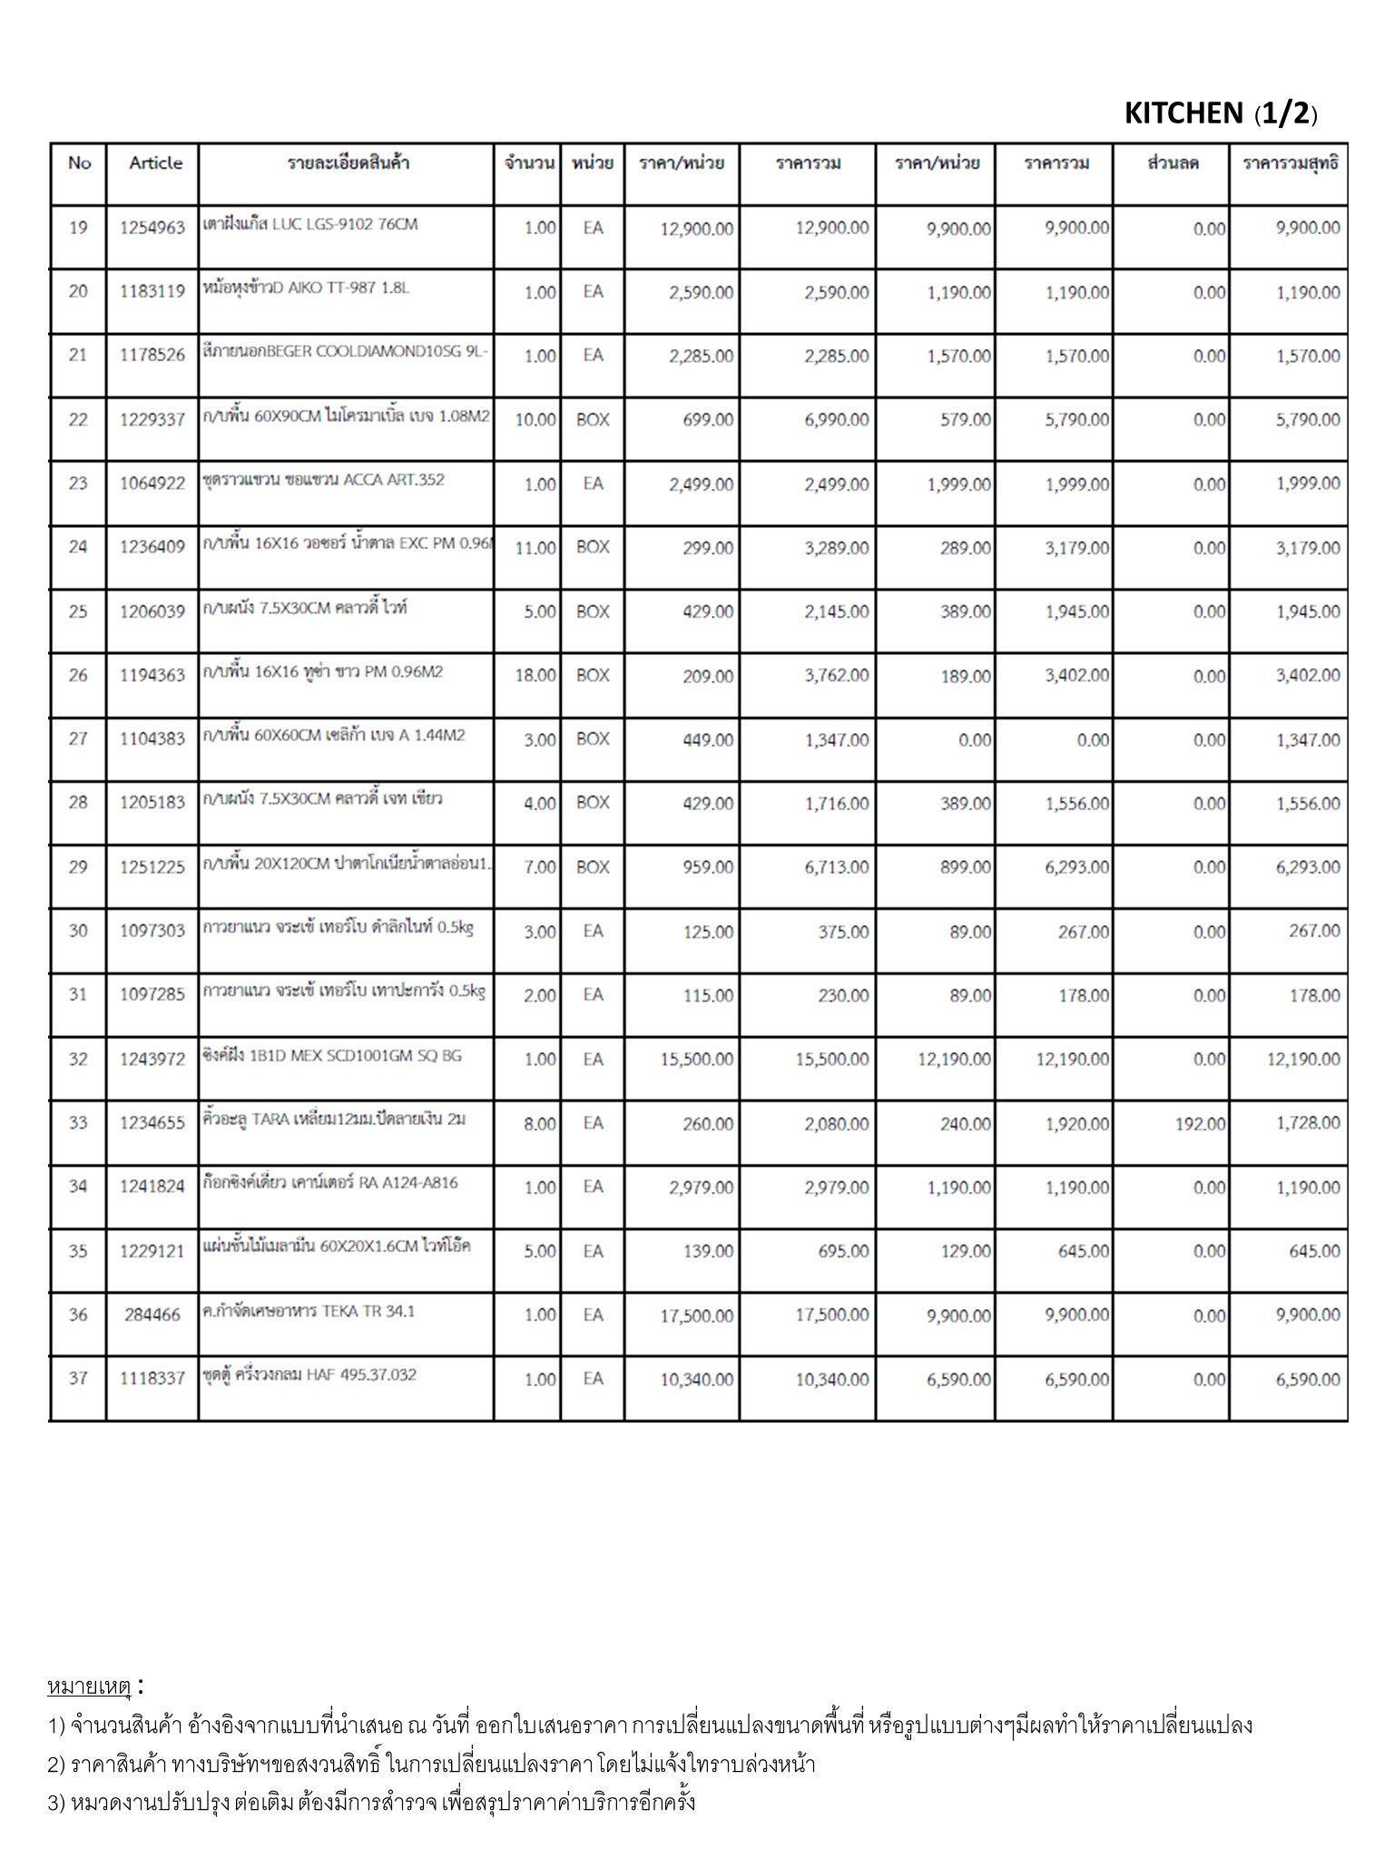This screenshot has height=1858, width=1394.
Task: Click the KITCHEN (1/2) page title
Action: pyautogui.click(x=1220, y=113)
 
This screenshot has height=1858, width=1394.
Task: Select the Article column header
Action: pyautogui.click(x=155, y=163)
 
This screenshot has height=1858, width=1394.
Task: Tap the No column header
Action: pyautogui.click(x=79, y=163)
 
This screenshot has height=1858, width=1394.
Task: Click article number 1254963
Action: pyautogui.click(x=152, y=228)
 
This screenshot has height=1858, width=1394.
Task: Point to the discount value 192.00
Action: pyautogui.click(x=1200, y=1124)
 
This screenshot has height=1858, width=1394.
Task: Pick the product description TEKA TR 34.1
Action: pyautogui.click(x=309, y=1311)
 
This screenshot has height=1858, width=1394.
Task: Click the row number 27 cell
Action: pyautogui.click(x=78, y=738)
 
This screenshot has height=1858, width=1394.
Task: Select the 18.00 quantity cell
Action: pyautogui.click(x=535, y=676)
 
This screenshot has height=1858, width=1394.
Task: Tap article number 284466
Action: pyautogui.click(x=152, y=1315)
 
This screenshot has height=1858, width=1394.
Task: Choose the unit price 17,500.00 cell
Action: pyautogui.click(x=696, y=1315)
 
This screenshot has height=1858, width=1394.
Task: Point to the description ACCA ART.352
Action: pyautogui.click(x=324, y=480)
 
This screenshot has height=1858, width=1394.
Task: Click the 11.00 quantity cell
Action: pyautogui.click(x=535, y=548)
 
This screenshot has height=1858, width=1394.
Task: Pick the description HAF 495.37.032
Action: pyautogui.click(x=309, y=1374)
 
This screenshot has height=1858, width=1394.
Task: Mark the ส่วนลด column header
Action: pyautogui.click(x=1173, y=163)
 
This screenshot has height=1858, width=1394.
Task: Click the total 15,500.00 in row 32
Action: pyautogui.click(x=831, y=1060)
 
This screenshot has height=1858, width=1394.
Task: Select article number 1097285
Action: pyautogui.click(x=152, y=994)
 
